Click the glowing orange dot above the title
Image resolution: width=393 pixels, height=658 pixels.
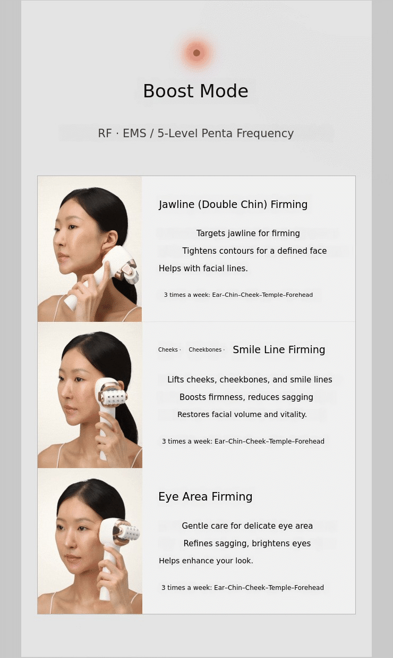pos(197,53)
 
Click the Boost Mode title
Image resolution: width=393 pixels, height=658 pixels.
pos(195,91)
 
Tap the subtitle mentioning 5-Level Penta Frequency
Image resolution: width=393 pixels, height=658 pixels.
pos(195,133)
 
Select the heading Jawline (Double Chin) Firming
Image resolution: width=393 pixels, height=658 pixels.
pos(233,204)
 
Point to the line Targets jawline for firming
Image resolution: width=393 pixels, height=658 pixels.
pos(248,233)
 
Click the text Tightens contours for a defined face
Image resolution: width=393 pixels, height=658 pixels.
pos(254,251)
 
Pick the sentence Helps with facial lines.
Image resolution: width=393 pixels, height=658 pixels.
pos(203,268)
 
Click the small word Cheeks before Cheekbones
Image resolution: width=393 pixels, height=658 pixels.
pos(168,349)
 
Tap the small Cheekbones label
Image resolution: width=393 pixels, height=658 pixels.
pos(205,349)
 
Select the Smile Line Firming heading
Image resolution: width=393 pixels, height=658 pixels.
pos(279,349)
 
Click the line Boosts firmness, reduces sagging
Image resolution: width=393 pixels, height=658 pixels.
pos(246,397)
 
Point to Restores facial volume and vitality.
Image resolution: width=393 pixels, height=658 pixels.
pos(242,414)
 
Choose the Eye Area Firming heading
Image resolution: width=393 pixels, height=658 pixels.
pos(206,497)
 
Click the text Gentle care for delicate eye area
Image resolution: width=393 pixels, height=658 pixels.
pos(247,526)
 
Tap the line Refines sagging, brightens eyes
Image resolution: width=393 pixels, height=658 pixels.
pos(247,544)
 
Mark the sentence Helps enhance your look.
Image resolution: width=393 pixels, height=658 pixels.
pos(206,561)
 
